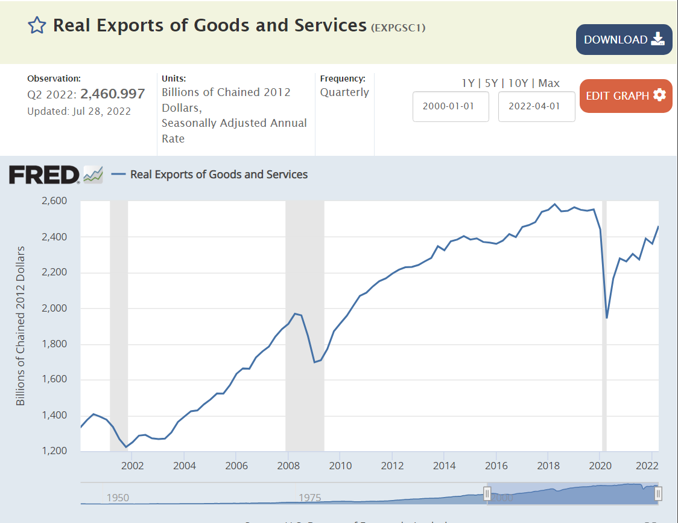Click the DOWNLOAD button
(x=624, y=40)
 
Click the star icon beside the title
(x=37, y=25)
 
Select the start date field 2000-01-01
(x=451, y=106)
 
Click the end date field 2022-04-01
(x=536, y=106)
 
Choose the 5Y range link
(x=492, y=83)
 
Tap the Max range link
(x=549, y=83)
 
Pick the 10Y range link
(x=518, y=83)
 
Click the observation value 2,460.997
(x=113, y=94)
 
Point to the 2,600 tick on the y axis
(x=54, y=201)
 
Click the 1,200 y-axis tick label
(x=54, y=451)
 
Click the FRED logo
(x=44, y=175)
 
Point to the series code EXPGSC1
(x=398, y=27)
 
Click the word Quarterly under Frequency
(x=344, y=92)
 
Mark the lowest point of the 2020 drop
(x=607, y=318)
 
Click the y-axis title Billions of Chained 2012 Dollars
(x=21, y=326)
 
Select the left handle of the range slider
(x=487, y=494)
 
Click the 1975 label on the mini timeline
(x=310, y=498)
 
